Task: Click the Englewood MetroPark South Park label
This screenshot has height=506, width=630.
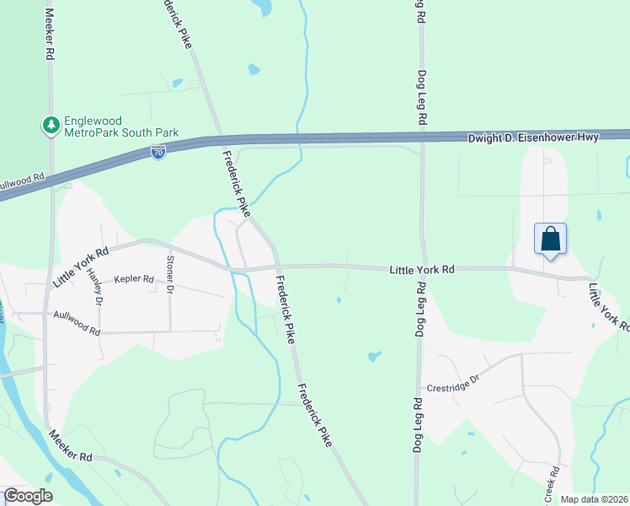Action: pyautogui.click(x=109, y=126)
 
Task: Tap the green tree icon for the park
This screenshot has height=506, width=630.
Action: pyautogui.click(x=51, y=126)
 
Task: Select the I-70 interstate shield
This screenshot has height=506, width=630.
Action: pyautogui.click(x=158, y=152)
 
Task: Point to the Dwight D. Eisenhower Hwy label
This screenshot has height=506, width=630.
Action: pyautogui.click(x=533, y=137)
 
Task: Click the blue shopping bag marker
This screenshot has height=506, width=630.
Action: pyautogui.click(x=550, y=239)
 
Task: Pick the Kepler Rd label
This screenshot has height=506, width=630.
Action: pyautogui.click(x=135, y=278)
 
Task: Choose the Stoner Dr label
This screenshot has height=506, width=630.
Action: pyautogui.click(x=169, y=275)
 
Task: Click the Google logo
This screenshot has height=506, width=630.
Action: pyautogui.click(x=28, y=496)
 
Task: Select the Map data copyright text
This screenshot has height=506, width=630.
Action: pyautogui.click(x=593, y=499)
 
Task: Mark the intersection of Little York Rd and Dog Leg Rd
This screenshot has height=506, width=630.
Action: pyautogui.click(x=422, y=269)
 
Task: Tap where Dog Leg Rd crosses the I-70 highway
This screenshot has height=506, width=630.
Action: pyautogui.click(x=421, y=137)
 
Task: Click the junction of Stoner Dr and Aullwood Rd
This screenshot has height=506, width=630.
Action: pyautogui.click(x=169, y=331)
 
